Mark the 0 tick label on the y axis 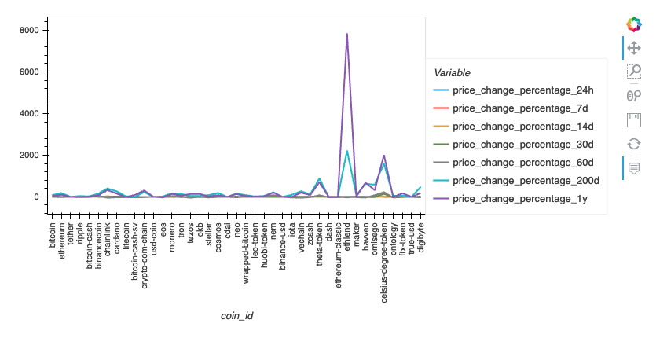pos(38,197)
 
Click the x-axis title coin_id pos(237,316)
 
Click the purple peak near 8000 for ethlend pos(346,34)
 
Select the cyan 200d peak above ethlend pos(346,151)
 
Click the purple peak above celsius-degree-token pos(383,156)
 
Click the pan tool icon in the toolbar pos(634,48)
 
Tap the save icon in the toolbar pos(634,119)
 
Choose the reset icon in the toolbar pos(634,144)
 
